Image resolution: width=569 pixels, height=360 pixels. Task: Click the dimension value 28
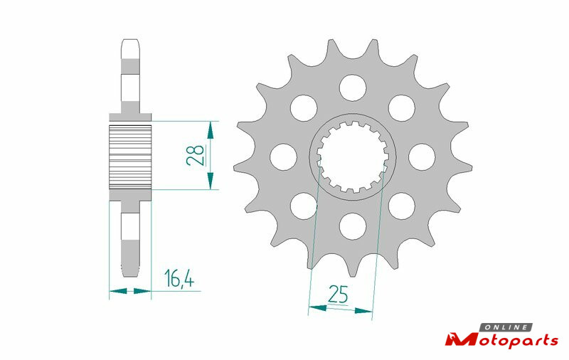click(x=195, y=155)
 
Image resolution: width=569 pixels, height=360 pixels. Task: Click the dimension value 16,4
click(x=179, y=278)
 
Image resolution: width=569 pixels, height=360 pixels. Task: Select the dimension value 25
click(x=338, y=294)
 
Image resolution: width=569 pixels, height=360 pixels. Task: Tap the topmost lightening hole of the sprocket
click(x=353, y=88)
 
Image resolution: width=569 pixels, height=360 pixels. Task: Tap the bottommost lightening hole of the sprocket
click(x=353, y=226)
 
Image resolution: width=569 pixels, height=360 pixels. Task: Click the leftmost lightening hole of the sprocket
click(x=283, y=157)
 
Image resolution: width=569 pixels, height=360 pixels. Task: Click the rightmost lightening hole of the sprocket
click(x=422, y=157)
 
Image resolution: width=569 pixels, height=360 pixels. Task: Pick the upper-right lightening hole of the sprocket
click(x=402, y=108)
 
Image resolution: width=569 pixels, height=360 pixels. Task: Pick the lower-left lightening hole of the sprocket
click(x=304, y=206)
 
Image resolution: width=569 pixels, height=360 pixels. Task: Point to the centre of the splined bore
click(x=353, y=157)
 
